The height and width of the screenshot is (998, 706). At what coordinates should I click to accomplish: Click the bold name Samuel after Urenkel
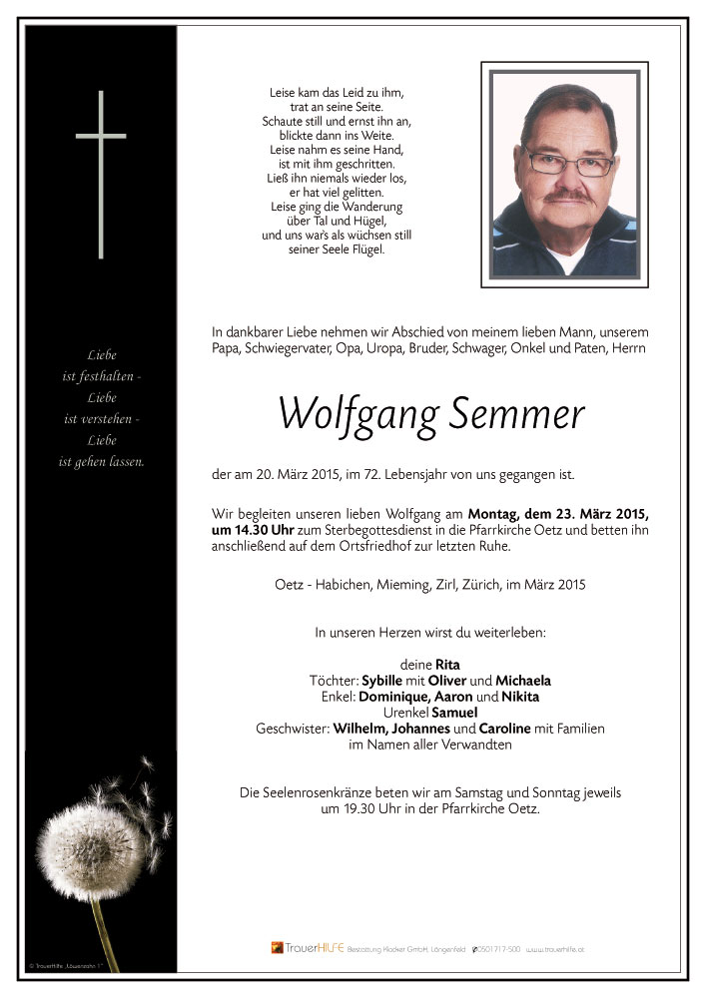pos(454,713)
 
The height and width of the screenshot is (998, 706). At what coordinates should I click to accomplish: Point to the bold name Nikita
pos(520,697)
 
